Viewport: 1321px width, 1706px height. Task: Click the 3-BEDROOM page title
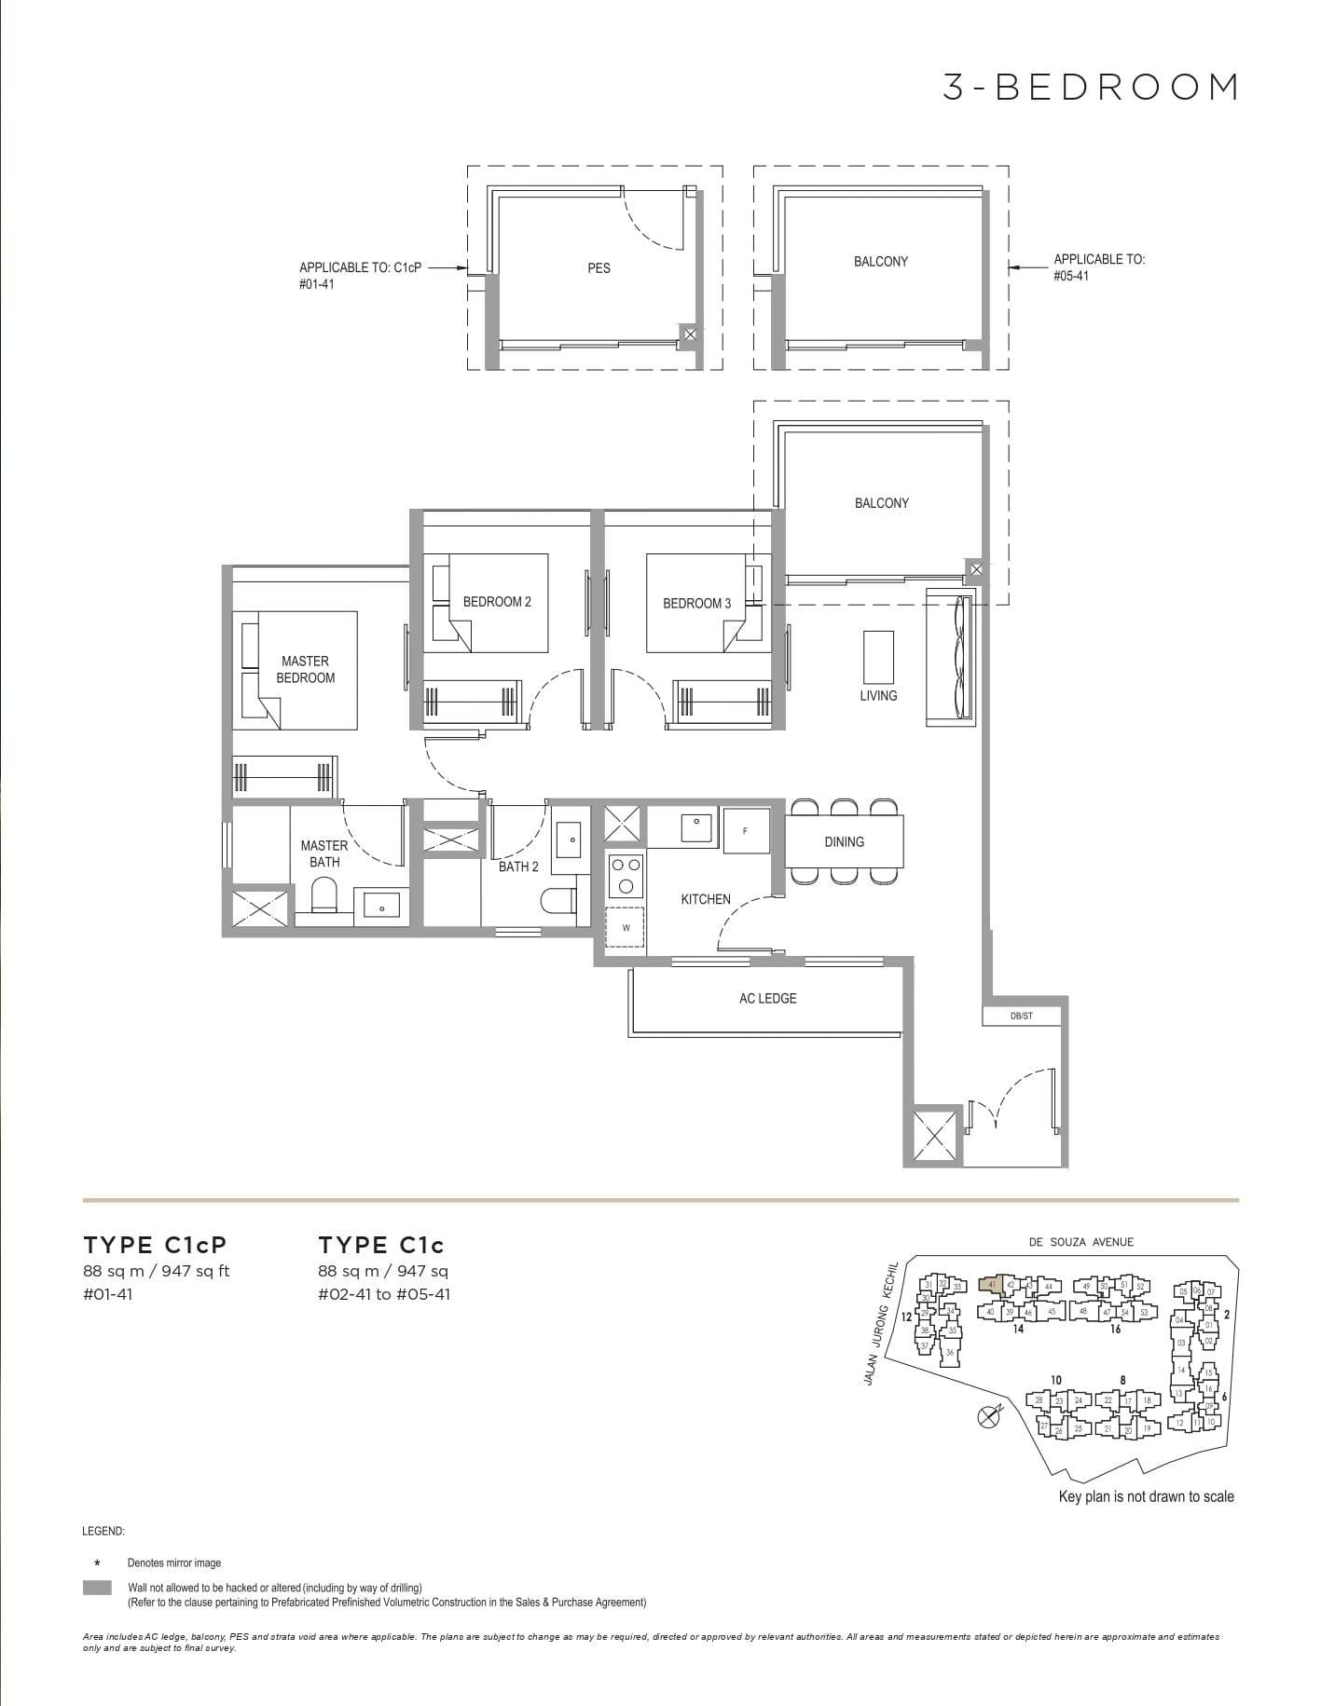click(x=1090, y=87)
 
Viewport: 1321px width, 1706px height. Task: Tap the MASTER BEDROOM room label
click(x=305, y=669)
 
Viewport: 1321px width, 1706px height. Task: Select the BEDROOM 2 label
click(x=497, y=602)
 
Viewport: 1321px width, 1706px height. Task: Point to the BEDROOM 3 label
click(x=696, y=603)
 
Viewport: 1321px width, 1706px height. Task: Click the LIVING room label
click(x=878, y=695)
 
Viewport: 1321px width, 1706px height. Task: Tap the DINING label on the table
click(x=844, y=841)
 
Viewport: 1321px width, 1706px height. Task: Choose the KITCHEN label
click(x=705, y=899)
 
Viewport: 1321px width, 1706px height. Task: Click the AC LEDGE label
click(x=767, y=998)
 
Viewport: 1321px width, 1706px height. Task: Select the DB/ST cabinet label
click(x=1021, y=1016)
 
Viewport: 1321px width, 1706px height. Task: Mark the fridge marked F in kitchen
click(x=746, y=830)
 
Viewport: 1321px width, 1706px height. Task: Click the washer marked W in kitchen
click(x=626, y=927)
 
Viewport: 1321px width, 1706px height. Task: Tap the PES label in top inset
click(x=599, y=267)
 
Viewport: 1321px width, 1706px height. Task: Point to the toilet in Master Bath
click(x=323, y=899)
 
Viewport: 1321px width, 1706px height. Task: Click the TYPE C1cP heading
click(x=155, y=1245)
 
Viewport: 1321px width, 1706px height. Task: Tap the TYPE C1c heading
click(x=380, y=1245)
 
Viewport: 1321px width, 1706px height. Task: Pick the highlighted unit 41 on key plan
click(x=991, y=1285)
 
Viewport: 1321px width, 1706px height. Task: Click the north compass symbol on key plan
click(x=988, y=1417)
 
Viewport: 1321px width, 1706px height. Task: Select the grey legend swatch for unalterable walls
click(x=97, y=1587)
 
